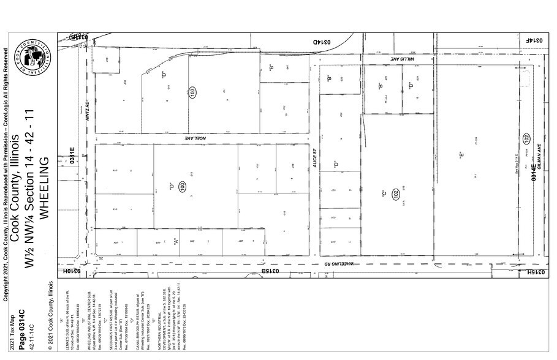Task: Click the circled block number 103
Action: (192, 94)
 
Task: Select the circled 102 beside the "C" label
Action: (396, 193)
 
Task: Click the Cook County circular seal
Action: (36, 59)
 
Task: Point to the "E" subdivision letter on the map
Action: (460, 156)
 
